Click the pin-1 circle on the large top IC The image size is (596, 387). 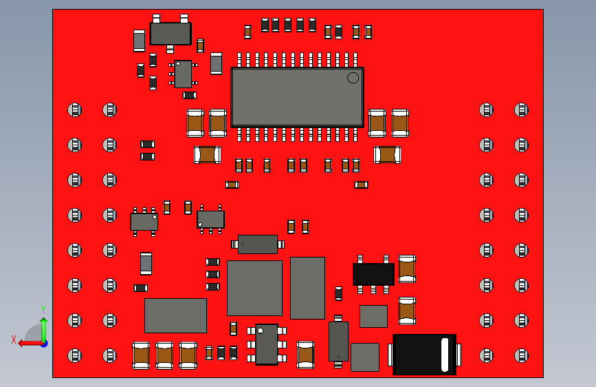(353, 77)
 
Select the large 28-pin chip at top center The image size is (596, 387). (297, 97)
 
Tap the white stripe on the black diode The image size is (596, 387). (445, 354)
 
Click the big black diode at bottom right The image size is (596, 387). (424, 354)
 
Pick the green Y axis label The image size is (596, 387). (43, 310)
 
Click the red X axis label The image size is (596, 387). (14, 339)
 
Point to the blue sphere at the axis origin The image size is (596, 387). (44, 342)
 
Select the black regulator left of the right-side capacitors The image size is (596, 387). (373, 273)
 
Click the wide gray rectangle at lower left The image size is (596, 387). (175, 315)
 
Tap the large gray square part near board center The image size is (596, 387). (254, 288)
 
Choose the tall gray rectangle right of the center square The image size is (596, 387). (307, 288)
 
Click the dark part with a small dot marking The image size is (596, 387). (257, 244)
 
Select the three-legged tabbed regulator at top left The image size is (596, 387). (170, 33)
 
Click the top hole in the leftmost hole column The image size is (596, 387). (74, 109)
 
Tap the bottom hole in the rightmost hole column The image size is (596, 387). (521, 355)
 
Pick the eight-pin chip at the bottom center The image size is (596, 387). (267, 344)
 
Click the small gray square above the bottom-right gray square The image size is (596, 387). (373, 316)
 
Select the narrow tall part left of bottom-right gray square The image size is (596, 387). (338, 341)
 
